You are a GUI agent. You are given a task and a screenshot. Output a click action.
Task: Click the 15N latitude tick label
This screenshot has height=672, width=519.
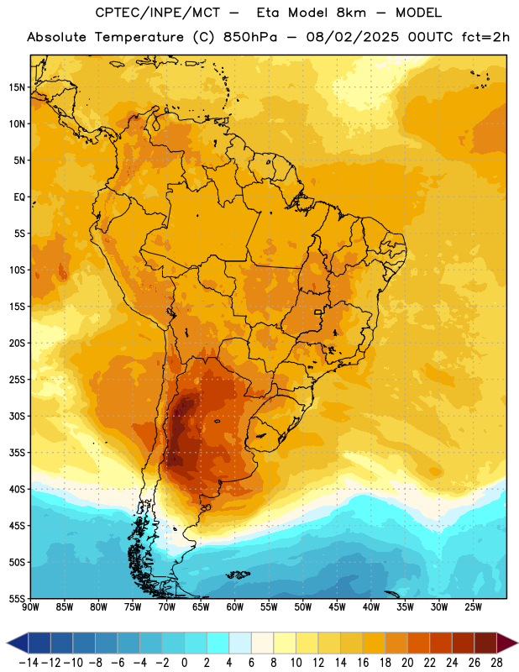(17, 87)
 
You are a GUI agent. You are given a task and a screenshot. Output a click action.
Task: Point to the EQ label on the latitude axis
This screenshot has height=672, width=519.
(19, 197)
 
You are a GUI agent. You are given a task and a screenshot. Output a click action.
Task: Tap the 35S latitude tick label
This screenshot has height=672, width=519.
(17, 453)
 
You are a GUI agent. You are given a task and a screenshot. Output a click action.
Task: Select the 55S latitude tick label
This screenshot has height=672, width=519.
(17, 598)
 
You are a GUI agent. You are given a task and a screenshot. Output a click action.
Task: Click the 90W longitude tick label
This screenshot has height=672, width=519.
(30, 607)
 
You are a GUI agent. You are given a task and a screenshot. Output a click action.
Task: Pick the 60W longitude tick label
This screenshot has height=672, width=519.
(235, 607)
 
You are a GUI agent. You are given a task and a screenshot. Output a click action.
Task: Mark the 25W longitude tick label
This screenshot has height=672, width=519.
(473, 607)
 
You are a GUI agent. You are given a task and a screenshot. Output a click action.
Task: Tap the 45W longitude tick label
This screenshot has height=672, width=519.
(337, 607)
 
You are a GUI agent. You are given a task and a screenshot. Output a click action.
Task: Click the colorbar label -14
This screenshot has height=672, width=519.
(29, 663)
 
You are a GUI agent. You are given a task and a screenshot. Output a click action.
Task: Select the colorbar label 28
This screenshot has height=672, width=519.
(496, 663)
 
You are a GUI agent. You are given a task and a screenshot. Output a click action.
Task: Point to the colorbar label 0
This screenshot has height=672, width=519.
(185, 663)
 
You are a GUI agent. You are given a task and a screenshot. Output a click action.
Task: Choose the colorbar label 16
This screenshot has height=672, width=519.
(363, 663)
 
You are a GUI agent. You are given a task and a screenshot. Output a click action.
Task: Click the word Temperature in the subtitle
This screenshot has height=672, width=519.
(139, 37)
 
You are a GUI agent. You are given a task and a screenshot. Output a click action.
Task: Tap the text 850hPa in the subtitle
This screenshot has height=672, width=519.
(250, 37)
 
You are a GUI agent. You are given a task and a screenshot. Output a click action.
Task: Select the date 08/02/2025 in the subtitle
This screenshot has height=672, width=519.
(353, 37)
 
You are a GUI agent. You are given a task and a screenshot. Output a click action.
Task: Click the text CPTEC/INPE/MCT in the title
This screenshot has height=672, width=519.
(157, 13)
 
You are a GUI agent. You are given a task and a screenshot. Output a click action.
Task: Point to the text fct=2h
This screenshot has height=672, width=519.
(485, 37)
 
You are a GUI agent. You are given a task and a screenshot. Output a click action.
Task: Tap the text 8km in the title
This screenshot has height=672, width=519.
(351, 13)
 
